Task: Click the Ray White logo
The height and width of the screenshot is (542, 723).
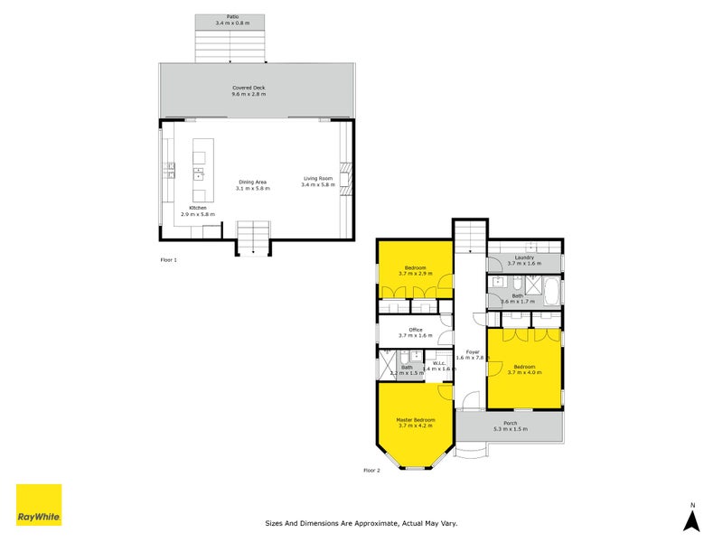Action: point(39,505)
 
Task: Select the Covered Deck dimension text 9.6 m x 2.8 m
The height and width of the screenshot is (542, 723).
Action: point(248,94)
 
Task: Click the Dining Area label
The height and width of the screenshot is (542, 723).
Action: point(252,182)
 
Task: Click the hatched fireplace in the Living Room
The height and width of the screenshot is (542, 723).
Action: point(343,173)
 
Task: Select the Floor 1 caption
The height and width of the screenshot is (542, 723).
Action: point(169,259)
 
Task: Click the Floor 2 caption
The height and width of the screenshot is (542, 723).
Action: point(372,471)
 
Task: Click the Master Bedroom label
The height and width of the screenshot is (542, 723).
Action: point(416,420)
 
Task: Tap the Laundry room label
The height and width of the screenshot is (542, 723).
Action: point(525,257)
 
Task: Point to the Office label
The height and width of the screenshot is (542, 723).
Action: point(416,330)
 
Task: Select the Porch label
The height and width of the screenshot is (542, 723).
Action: point(511,423)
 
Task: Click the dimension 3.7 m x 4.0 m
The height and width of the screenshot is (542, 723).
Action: point(524,372)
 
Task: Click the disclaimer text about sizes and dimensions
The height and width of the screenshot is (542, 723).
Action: point(361,522)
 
